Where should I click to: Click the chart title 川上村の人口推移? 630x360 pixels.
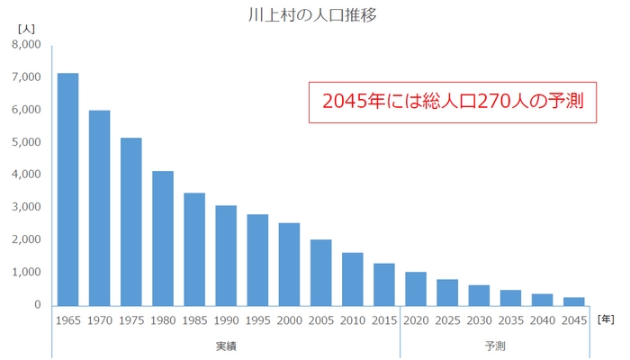(314, 15)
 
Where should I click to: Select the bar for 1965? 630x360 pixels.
(67, 189)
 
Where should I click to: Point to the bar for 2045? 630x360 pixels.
(574, 301)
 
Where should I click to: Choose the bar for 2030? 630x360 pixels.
(479, 294)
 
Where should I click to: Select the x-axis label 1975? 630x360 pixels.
(131, 319)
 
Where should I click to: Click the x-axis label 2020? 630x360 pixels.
(416, 319)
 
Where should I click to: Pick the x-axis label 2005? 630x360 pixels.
(321, 319)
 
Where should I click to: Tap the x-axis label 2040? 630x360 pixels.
(543, 319)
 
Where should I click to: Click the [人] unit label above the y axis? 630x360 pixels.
(26, 29)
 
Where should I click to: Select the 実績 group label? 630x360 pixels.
(226, 346)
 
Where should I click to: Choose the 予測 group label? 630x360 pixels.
(495, 346)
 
